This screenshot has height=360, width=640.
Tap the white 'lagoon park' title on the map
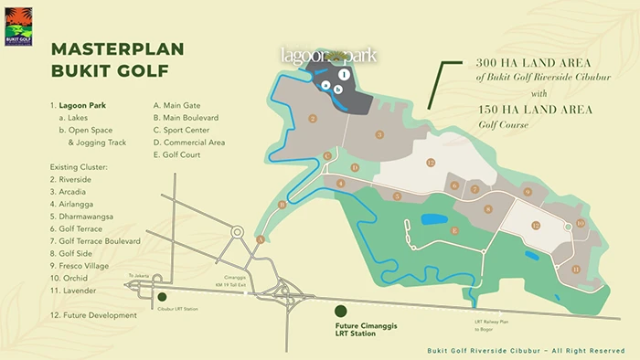(x=328, y=56)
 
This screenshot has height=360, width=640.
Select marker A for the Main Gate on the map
(x=260, y=239)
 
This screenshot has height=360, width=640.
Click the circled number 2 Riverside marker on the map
(x=313, y=118)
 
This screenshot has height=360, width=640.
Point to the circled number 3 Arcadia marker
(x=379, y=134)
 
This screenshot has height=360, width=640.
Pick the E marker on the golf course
(x=453, y=231)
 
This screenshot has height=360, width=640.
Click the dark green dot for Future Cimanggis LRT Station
(x=339, y=312)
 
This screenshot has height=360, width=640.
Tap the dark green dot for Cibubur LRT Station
(x=162, y=297)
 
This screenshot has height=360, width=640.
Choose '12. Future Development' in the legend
(x=93, y=315)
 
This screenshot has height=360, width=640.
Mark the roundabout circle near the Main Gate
(x=237, y=232)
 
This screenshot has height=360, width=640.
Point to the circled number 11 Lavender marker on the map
(x=575, y=269)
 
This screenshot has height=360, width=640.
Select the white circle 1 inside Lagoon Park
(x=342, y=74)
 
